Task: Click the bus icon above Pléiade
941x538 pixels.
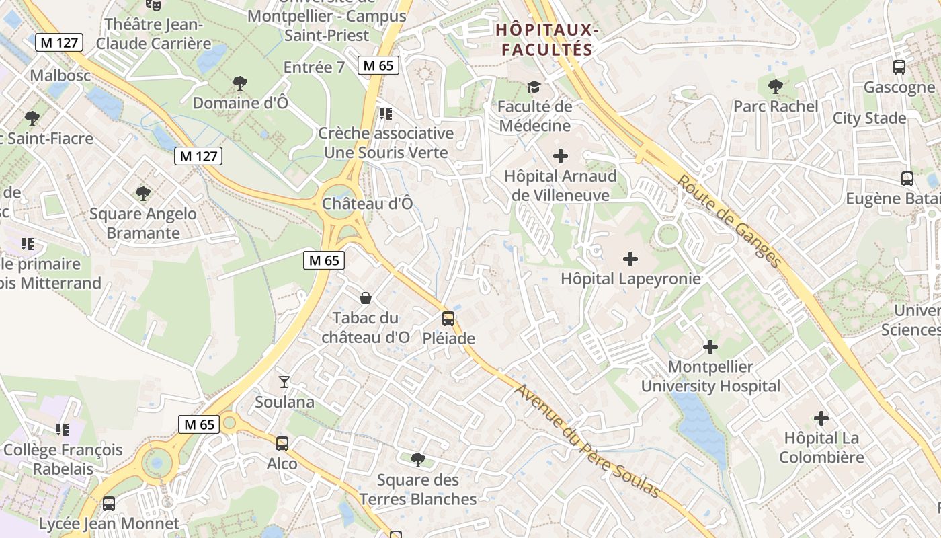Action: coord(448,319)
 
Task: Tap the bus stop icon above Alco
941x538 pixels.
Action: coord(282,444)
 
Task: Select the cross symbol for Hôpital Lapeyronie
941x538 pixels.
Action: coord(630,259)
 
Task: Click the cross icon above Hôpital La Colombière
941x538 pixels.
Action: coord(821,418)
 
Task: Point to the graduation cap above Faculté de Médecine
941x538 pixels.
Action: coord(534,87)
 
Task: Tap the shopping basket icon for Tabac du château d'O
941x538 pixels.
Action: coord(366,298)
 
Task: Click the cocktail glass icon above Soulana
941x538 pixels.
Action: coord(284,382)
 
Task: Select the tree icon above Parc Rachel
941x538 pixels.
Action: coord(775,87)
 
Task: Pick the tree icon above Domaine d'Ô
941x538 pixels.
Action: coord(239,83)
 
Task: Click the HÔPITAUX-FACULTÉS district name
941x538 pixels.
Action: coord(547,40)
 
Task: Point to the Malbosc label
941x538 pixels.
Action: coord(60,75)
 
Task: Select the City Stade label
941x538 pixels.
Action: coord(869,118)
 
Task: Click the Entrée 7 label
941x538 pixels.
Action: coord(314,67)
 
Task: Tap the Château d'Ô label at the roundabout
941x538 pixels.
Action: coord(367,203)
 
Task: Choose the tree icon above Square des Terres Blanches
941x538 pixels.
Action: coord(418,461)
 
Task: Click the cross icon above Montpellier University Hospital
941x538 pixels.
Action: coord(710,347)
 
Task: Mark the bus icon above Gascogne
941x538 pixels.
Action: coord(899,67)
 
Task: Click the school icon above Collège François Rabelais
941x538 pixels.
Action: coord(63,429)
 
